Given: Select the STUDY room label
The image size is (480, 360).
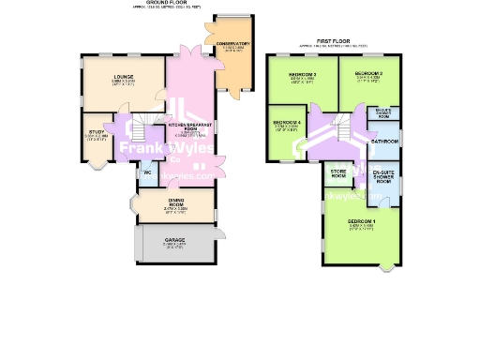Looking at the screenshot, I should coord(97,132).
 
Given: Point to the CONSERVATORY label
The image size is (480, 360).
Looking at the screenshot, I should coord(232,44).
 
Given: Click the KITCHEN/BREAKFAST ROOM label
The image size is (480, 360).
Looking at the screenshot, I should coord(189,126).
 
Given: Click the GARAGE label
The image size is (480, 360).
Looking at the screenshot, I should coord(175,240).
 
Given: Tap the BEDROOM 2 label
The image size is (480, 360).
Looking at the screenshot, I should coord(368,72).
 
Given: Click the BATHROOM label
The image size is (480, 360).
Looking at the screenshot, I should coord(384,141).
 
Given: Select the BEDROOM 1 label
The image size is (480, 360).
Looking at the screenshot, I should coord(361,221).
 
